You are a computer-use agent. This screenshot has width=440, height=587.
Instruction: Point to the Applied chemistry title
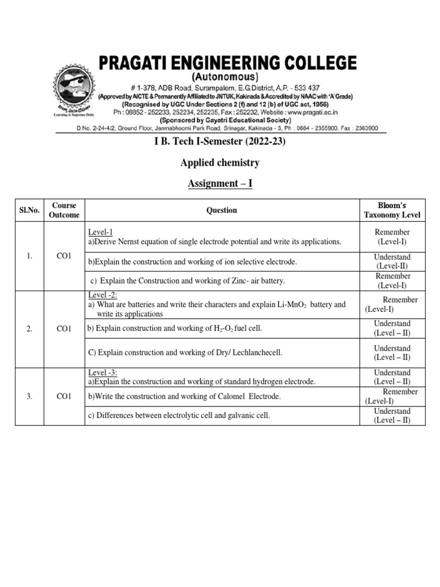click(x=220, y=163)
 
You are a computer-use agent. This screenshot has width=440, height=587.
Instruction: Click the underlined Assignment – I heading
click(x=220, y=183)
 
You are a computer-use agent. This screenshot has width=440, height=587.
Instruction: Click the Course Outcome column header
click(x=64, y=210)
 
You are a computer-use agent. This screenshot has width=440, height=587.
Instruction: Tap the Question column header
click(x=222, y=210)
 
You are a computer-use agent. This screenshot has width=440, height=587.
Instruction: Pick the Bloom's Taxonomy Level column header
click(x=392, y=210)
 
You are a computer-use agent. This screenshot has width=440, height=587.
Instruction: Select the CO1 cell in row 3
click(x=64, y=397)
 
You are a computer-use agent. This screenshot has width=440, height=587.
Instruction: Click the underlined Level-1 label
click(x=100, y=232)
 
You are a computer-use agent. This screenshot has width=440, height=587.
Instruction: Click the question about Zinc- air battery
click(x=188, y=281)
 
